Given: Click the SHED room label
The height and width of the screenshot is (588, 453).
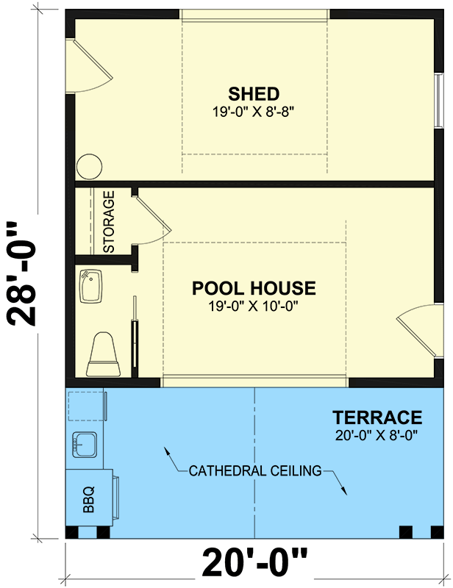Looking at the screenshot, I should click(254, 94).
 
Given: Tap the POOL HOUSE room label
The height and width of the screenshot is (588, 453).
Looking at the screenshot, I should click(254, 287).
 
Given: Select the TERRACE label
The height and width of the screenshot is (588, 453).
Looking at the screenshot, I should click(377, 418).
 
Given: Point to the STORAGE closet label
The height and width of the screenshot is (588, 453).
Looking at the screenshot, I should click(109, 222).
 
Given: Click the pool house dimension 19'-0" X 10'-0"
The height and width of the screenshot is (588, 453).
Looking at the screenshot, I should click(254, 306).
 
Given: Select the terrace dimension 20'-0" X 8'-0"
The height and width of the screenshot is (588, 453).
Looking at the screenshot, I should click(377, 435).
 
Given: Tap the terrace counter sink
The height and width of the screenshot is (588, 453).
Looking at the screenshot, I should click(85, 444).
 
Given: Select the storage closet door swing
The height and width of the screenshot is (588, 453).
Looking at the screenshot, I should click(153, 220).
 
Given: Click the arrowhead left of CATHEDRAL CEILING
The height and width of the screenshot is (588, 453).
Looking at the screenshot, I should click(167, 450).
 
